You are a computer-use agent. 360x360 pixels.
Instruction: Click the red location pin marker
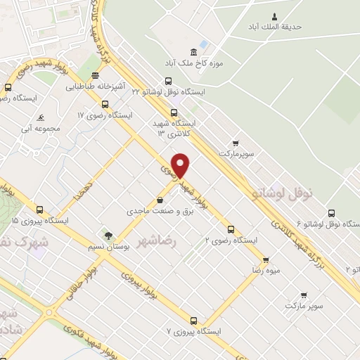181,165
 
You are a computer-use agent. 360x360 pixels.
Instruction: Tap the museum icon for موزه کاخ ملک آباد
193,52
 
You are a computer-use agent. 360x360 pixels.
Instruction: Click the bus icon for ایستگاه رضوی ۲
231,229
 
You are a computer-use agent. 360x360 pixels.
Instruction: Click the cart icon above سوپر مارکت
304,295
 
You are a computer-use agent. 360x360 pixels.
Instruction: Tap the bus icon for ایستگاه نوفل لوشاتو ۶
330,212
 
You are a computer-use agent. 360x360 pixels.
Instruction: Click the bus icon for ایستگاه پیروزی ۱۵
39,210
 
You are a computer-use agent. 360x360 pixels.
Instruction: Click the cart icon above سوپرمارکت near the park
236,142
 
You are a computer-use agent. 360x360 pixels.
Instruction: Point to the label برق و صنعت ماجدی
154,210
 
